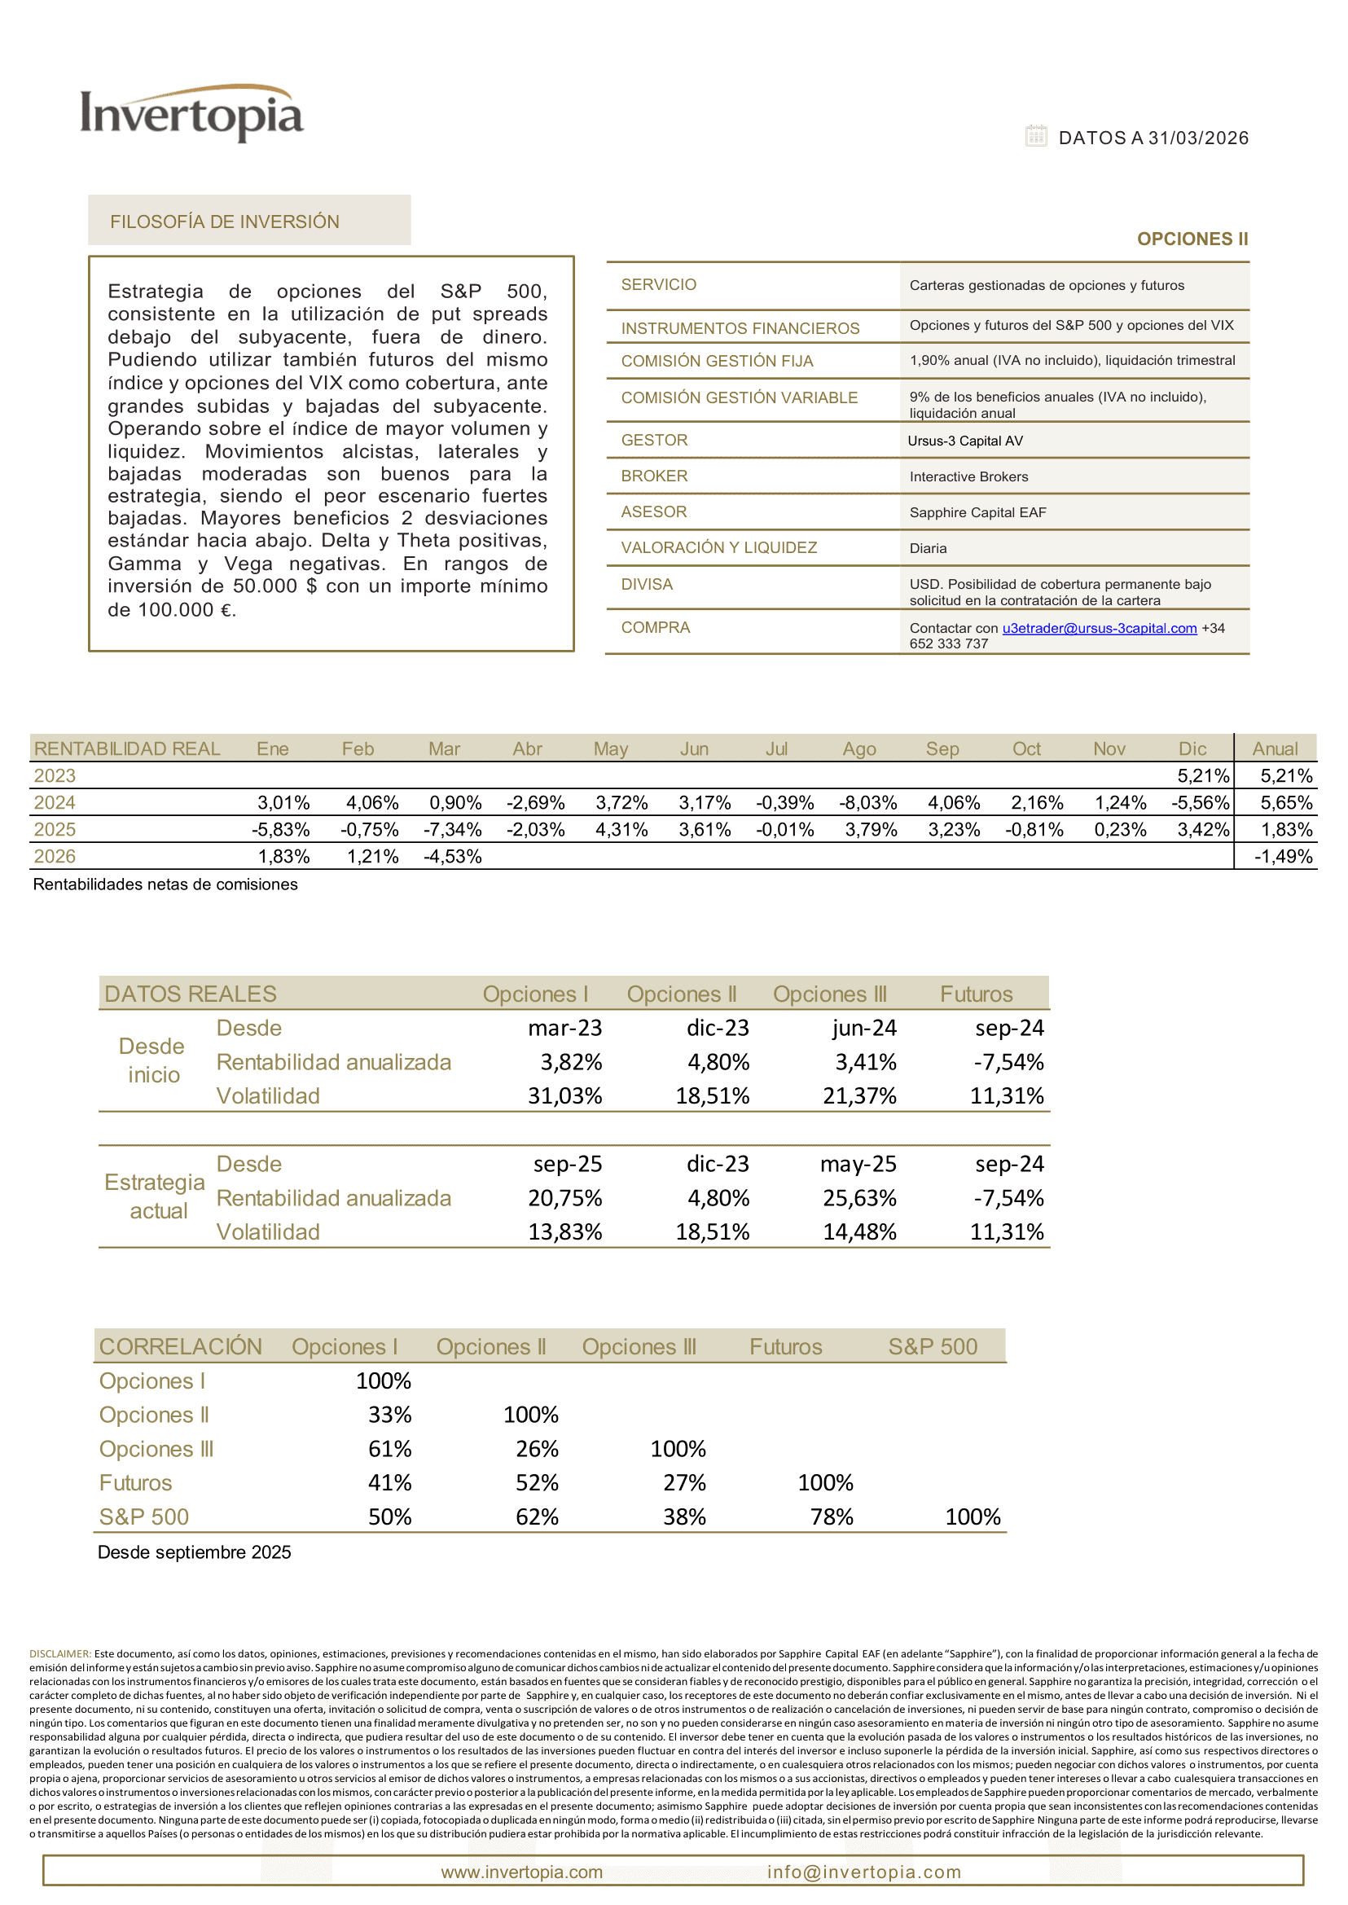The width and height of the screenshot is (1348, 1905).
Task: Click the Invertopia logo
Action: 191,114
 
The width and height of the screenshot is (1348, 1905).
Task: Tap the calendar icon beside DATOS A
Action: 1035,136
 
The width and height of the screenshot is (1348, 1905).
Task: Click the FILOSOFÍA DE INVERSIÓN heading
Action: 225,222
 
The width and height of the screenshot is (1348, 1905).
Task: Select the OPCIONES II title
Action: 1192,239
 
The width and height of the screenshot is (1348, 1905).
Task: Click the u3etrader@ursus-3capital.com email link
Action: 1099,629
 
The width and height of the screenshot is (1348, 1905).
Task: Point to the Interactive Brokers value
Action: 968,476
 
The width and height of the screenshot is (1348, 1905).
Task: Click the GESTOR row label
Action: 654,440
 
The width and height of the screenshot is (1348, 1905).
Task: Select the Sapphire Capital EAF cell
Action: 977,512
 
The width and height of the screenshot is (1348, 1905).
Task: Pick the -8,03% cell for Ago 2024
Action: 867,803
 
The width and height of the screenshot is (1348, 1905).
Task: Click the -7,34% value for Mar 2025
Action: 452,829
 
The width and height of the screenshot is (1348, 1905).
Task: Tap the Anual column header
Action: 1274,748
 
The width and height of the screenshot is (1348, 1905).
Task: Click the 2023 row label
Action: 55,775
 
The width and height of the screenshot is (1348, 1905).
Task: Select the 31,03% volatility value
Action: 564,1095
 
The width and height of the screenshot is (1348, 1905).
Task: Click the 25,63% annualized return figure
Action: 859,1198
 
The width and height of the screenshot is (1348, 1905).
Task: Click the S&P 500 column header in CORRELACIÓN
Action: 932,1346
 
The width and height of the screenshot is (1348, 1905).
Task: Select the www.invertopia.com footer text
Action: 521,1872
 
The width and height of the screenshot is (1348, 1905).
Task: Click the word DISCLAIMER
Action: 59,1654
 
